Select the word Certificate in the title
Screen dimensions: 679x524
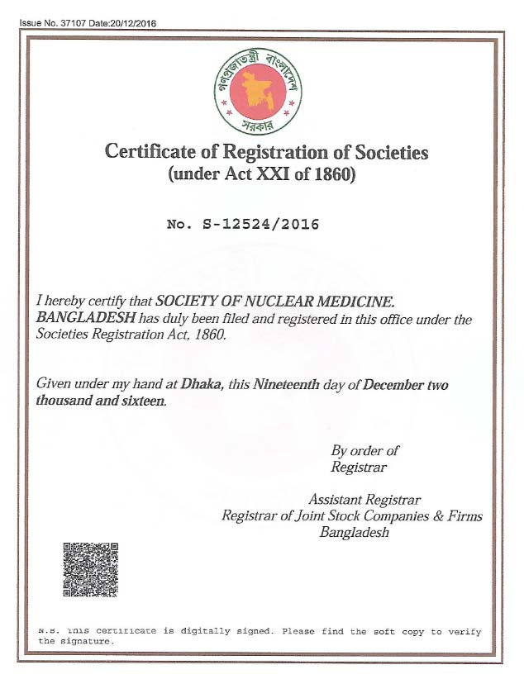145,153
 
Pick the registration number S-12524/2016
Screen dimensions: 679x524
260,224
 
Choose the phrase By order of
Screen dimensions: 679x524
364,451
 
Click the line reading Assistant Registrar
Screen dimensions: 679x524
364,500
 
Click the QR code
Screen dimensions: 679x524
91,570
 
